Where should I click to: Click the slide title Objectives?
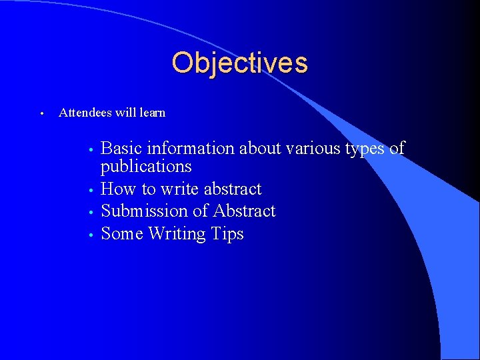coord(239,63)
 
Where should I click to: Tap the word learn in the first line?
coord(152,113)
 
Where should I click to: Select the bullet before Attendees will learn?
coord(41,113)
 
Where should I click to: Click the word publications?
coord(146,166)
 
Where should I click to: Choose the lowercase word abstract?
coord(231,189)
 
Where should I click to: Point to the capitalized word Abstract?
coord(244,211)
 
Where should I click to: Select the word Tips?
coord(227,235)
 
